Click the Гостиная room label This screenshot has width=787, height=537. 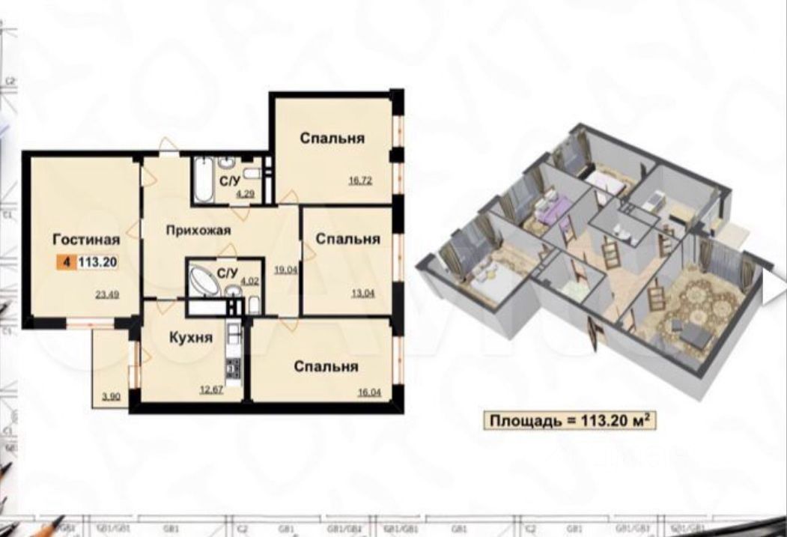(x=87, y=240)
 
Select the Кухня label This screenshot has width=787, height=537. (x=190, y=338)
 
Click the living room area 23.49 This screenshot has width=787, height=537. (x=107, y=294)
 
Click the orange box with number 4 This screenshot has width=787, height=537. (x=67, y=261)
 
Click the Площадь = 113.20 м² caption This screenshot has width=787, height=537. (x=568, y=421)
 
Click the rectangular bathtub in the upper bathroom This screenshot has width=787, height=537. (x=202, y=181)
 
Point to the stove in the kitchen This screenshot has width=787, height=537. (x=232, y=368)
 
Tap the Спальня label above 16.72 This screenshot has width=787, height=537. (x=332, y=138)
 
